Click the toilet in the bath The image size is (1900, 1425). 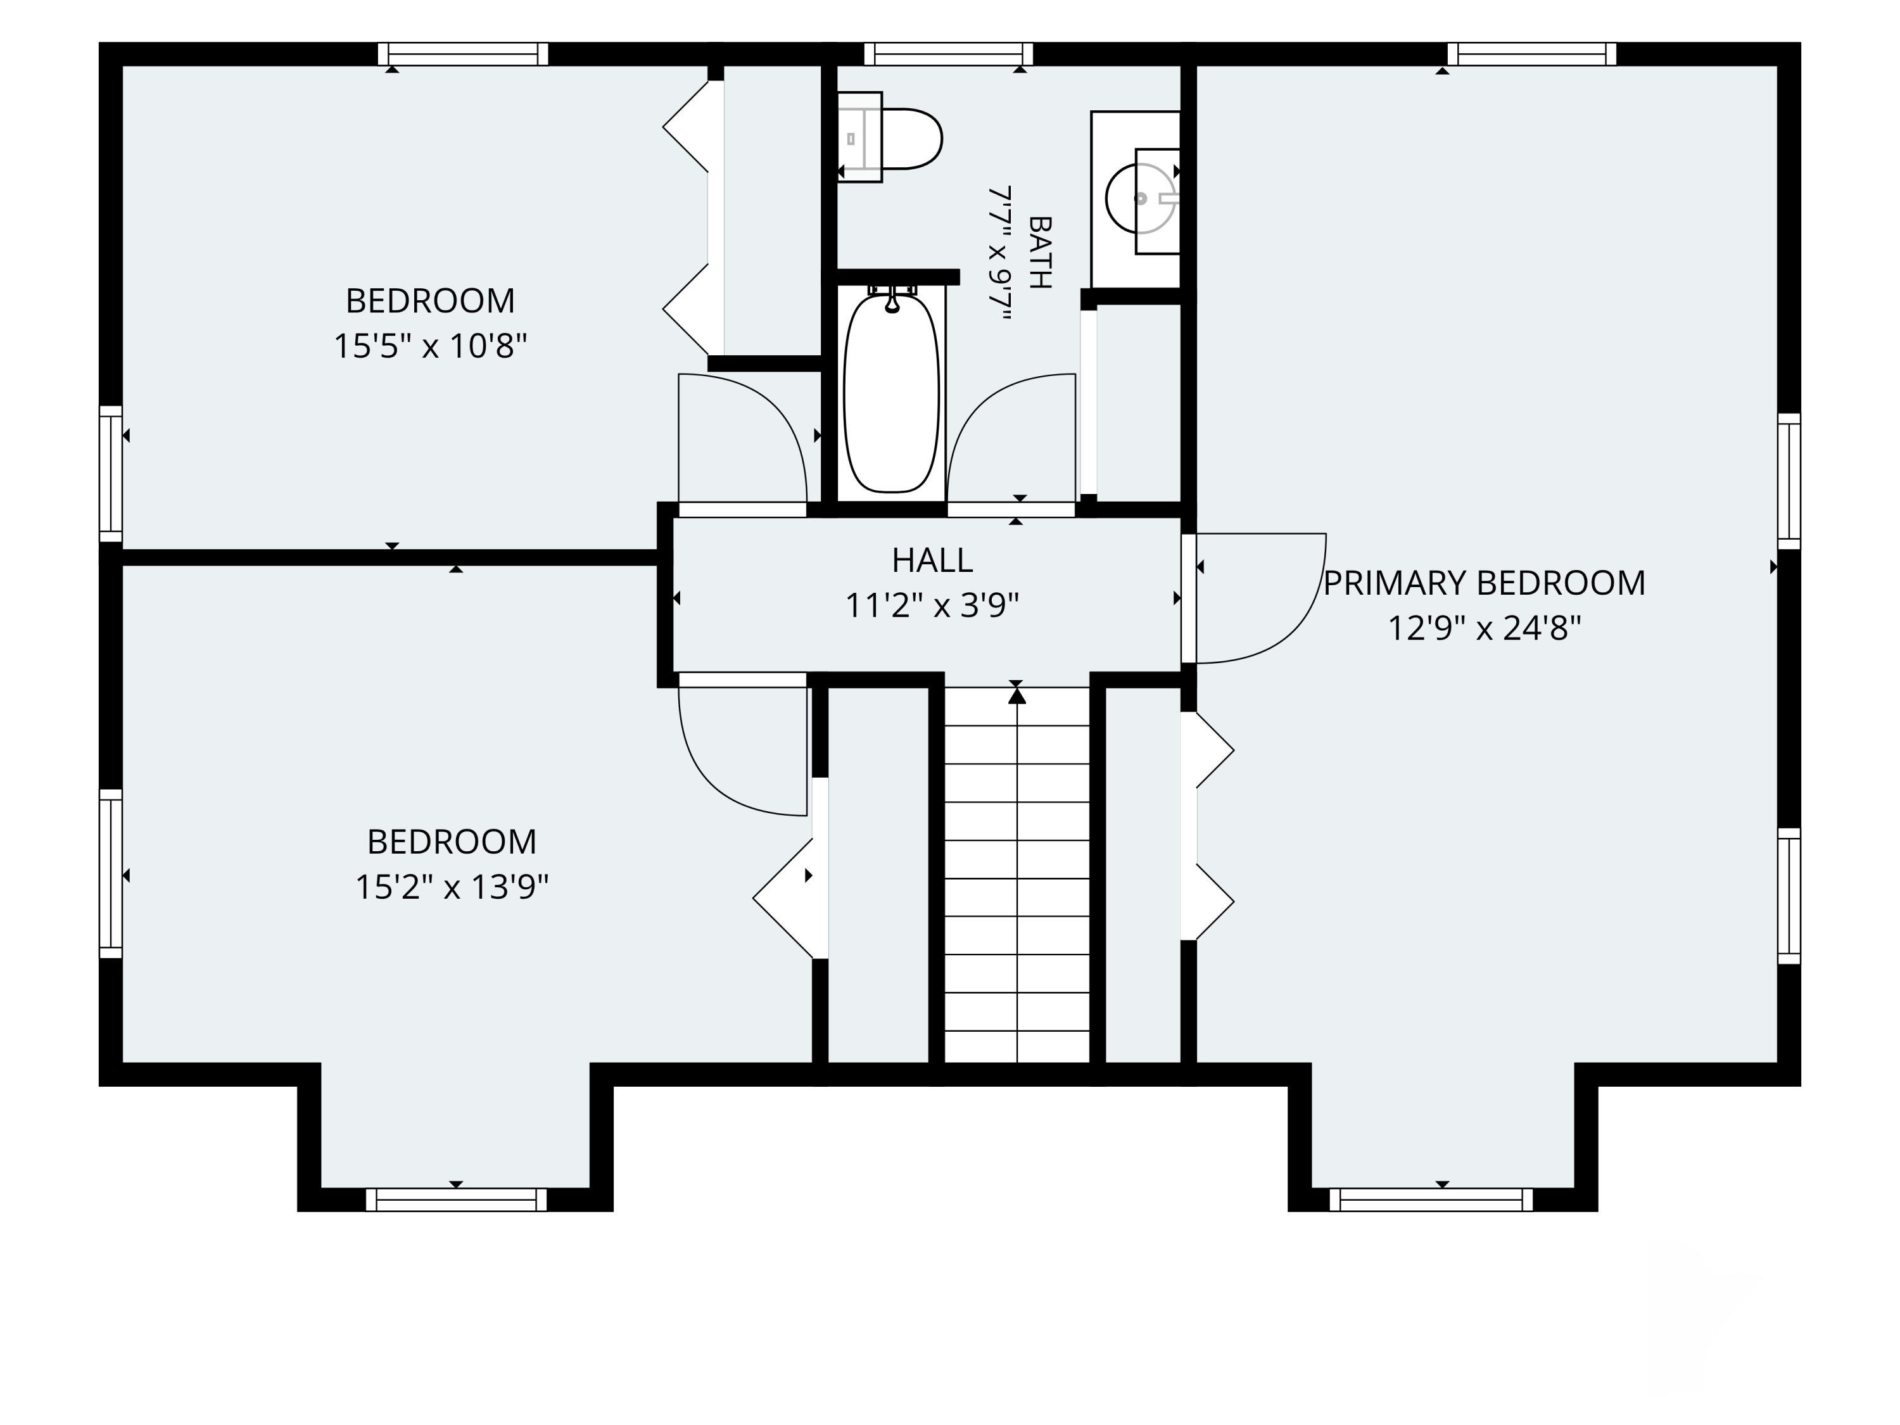click(x=890, y=137)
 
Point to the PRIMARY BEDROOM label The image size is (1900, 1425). click(x=1485, y=583)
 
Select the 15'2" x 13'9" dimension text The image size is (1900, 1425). click(x=452, y=887)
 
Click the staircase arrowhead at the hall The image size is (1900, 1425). click(x=1017, y=695)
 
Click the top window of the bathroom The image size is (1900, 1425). click(x=948, y=54)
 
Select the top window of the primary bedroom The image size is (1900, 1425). click(x=1531, y=54)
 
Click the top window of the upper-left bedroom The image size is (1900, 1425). click(x=463, y=54)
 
